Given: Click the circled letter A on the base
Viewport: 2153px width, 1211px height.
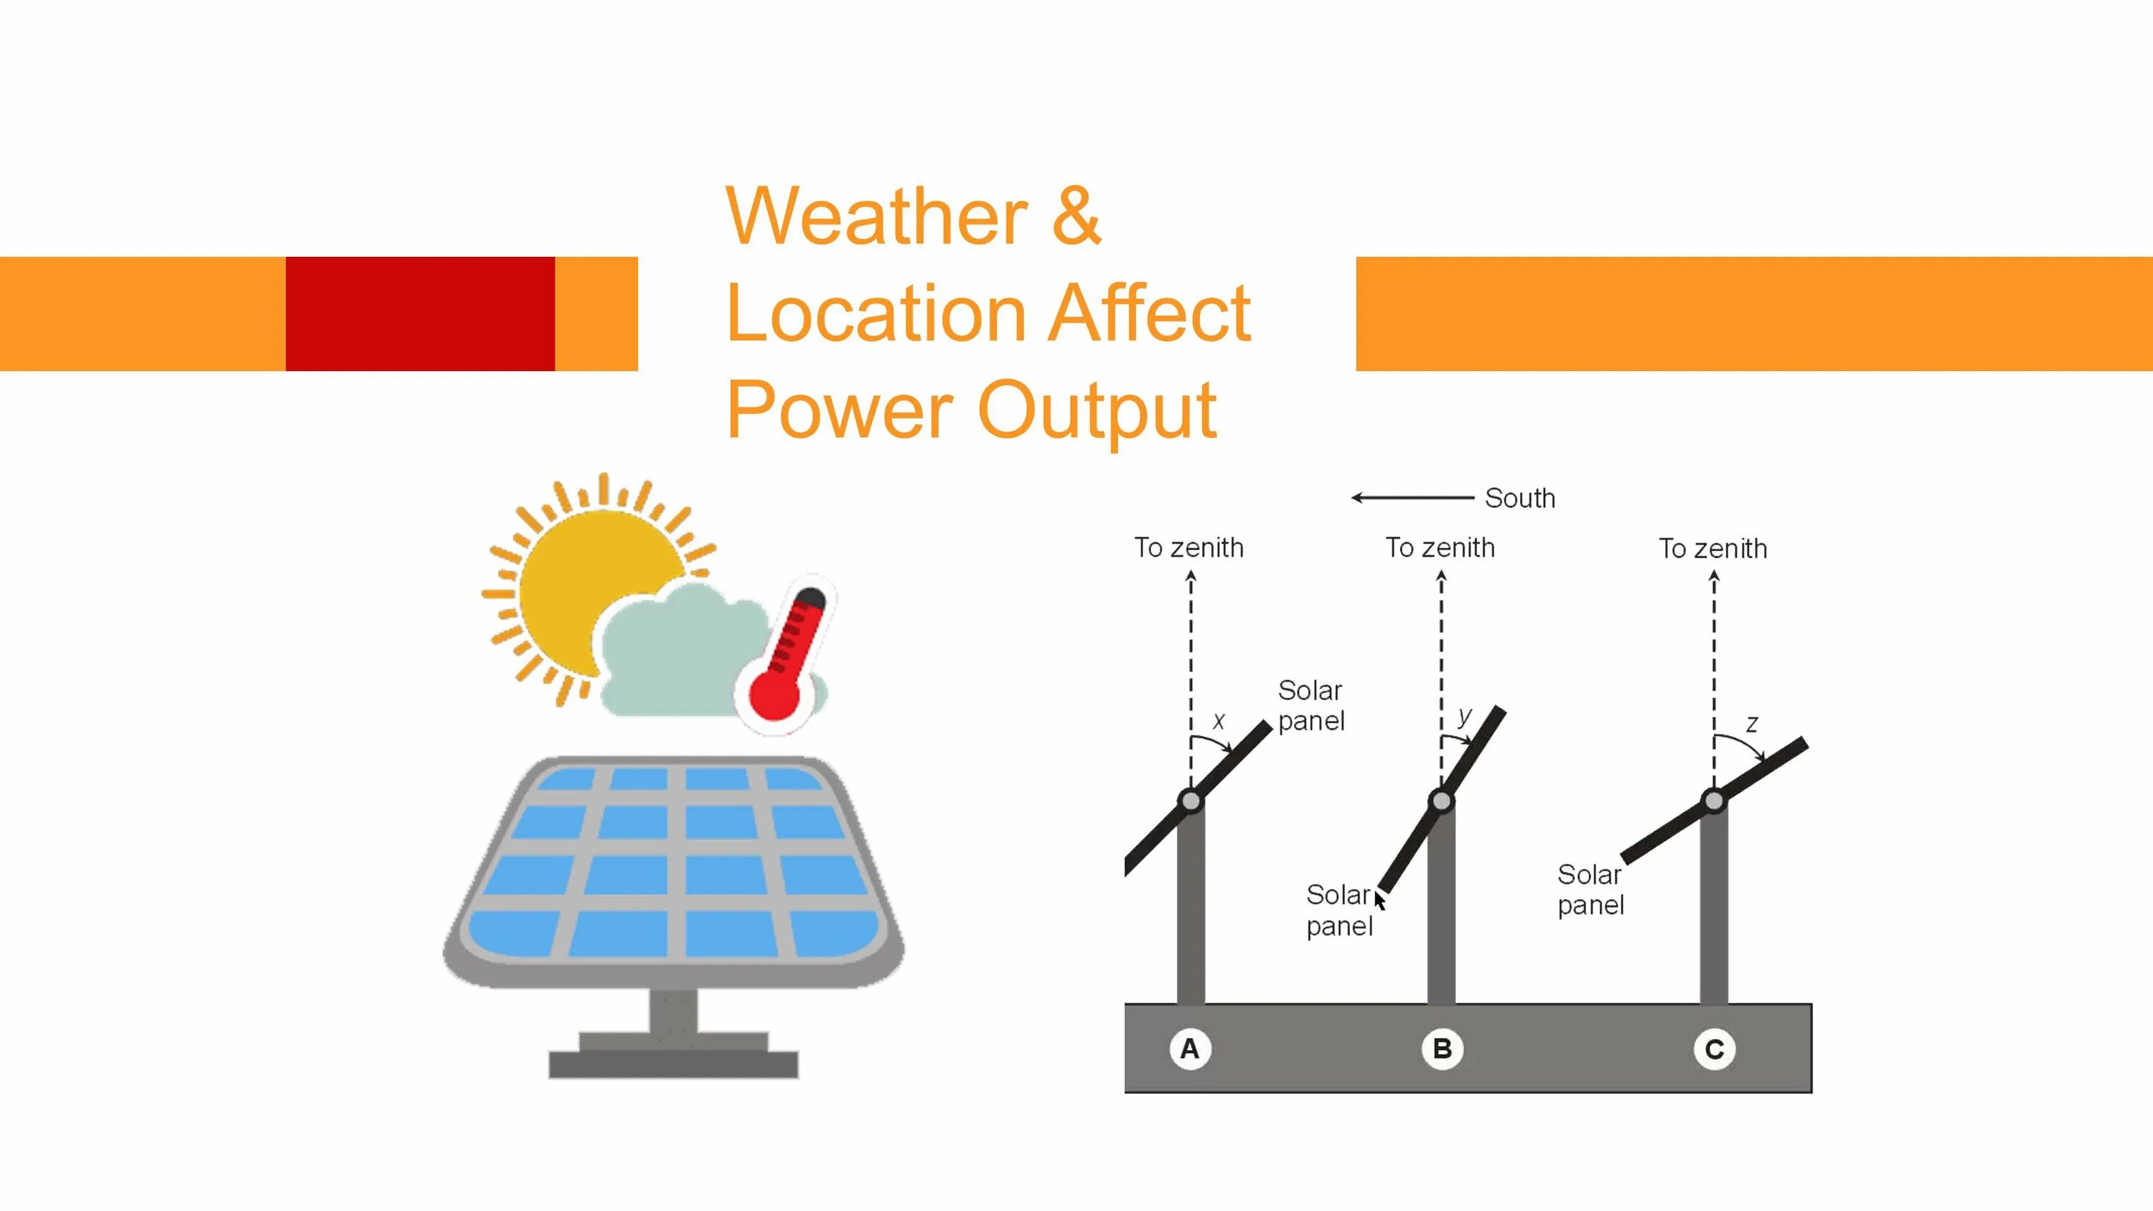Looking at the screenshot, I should click(x=1189, y=1048).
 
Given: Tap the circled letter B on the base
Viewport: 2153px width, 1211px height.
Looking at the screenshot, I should click(x=1442, y=1048).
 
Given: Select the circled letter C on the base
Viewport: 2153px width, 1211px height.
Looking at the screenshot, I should click(x=1715, y=1049).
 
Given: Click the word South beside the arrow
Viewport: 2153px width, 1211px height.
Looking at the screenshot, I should click(x=1519, y=498).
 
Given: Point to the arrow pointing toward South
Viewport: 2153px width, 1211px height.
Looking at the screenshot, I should click(x=1412, y=498).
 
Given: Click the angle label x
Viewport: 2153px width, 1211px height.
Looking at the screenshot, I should click(x=1219, y=720).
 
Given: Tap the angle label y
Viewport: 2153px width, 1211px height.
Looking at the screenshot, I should click(x=1464, y=715).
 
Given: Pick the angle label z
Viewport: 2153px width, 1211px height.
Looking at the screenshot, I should click(x=1752, y=724).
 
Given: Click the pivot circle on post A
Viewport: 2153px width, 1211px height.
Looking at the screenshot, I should click(x=1190, y=801).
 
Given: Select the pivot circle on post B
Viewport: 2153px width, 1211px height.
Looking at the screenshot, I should click(x=1442, y=801).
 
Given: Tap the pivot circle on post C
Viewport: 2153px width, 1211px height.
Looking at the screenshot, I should click(x=1715, y=801).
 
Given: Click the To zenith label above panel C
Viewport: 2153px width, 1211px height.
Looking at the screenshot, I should click(x=1712, y=548).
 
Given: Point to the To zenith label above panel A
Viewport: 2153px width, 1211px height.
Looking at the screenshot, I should click(x=1188, y=547).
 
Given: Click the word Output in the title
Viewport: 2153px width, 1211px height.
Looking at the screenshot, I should click(x=1097, y=410).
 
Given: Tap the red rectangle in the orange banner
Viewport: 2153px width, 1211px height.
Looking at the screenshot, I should click(x=420, y=314).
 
